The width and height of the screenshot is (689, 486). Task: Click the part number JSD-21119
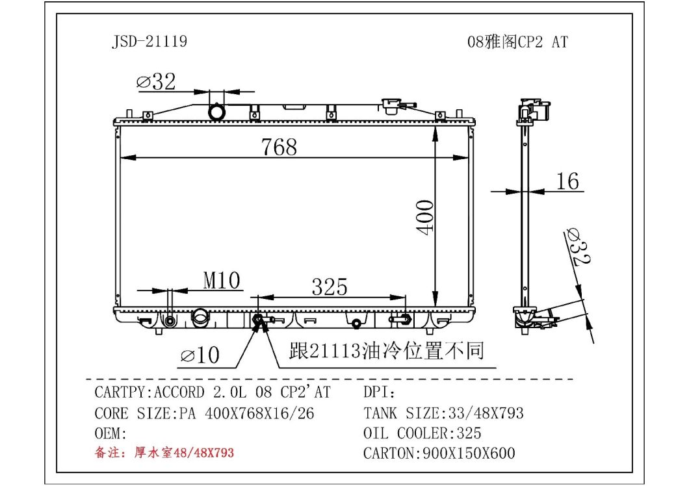point(149,42)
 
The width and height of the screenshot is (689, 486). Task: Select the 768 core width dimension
point(279,147)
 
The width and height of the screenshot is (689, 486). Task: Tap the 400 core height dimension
point(425,218)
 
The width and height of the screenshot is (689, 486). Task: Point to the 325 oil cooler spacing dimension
point(330,287)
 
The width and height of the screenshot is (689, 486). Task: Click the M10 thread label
point(222,280)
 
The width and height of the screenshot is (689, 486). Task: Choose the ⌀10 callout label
point(200,355)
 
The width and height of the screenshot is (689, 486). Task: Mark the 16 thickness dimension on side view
point(567,181)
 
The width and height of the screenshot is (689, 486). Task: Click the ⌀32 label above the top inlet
point(156,81)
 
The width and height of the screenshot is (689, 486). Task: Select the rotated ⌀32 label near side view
point(578,247)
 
